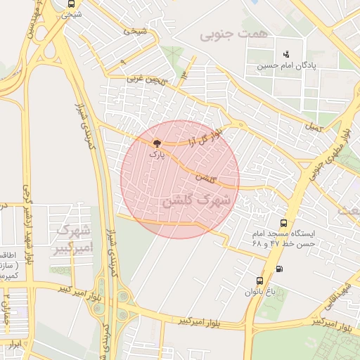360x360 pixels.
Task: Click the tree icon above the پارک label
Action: coord(156,142)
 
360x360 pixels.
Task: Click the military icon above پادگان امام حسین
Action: coord(285,54)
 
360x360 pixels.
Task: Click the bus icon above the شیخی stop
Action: coord(70,4)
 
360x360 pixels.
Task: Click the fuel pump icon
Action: coord(280,268)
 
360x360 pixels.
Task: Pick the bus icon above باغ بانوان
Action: coord(260,280)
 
